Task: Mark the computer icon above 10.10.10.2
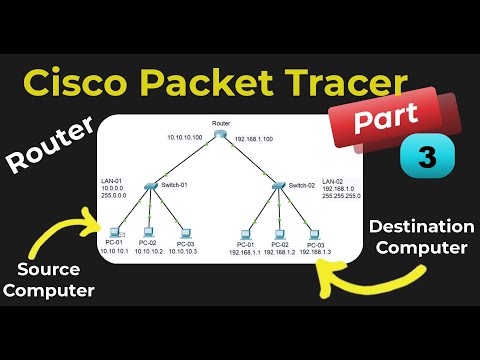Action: pyautogui.click(x=151, y=232)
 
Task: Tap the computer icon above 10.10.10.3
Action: pyautogui.click(x=183, y=232)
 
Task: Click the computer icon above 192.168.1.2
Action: pyautogui.click(x=282, y=232)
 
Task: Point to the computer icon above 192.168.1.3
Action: pyautogui.click(x=315, y=232)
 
